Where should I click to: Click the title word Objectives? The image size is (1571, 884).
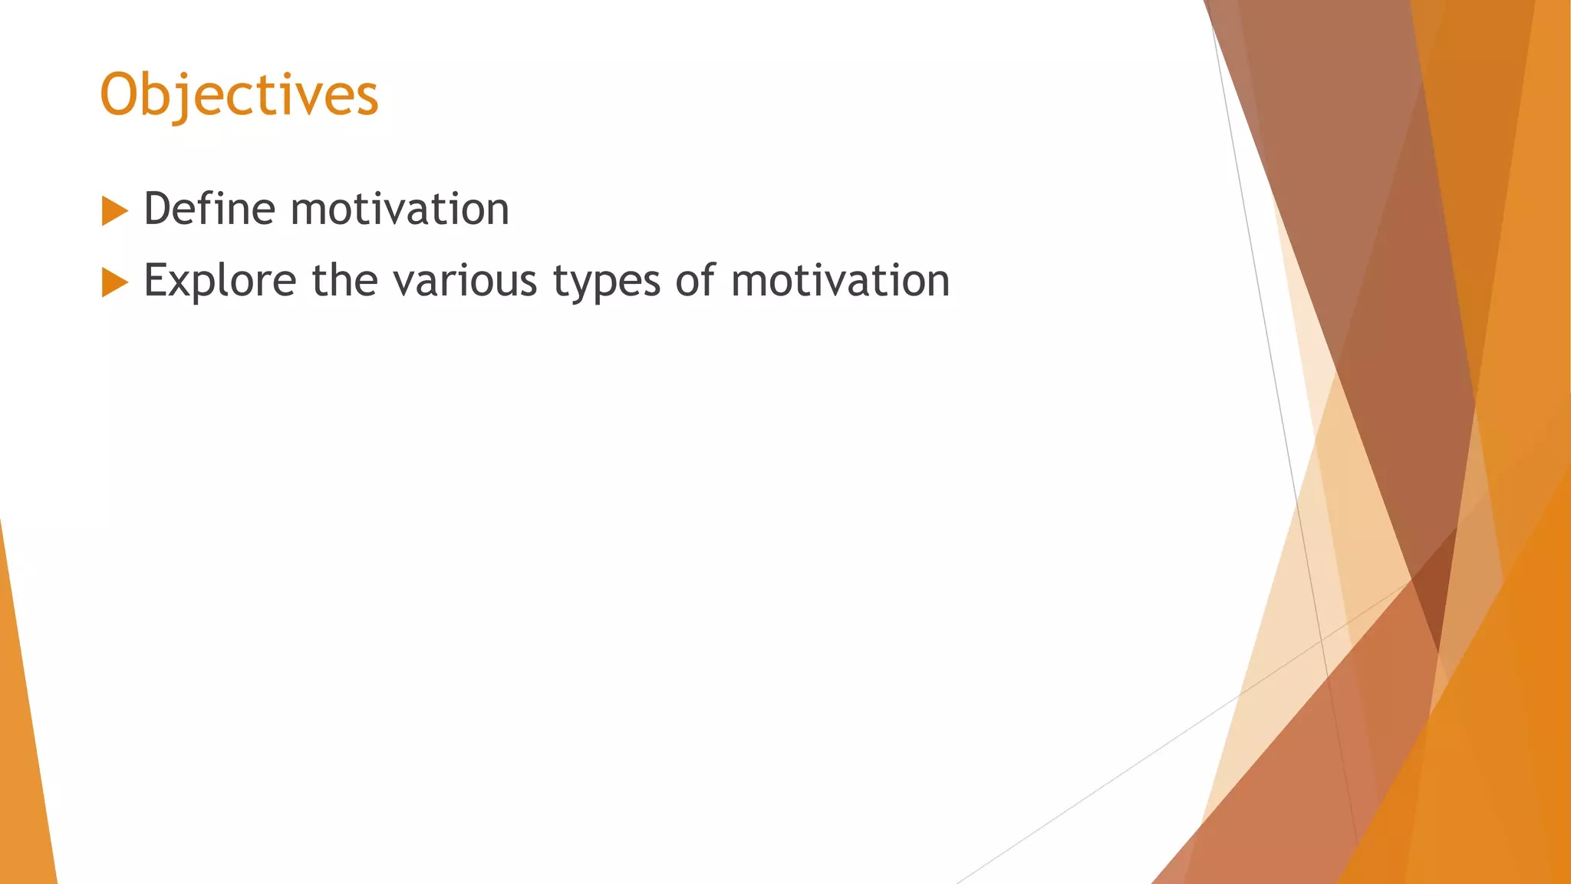[239, 95]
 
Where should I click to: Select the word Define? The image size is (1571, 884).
[209, 209]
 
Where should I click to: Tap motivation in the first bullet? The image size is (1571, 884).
[400, 209]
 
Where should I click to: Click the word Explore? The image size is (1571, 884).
[220, 280]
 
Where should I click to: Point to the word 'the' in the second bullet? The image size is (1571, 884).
[344, 280]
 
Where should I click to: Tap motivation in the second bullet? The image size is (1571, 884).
[841, 280]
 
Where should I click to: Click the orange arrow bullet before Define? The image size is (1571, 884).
[114, 211]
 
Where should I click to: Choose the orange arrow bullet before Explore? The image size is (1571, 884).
[114, 282]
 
